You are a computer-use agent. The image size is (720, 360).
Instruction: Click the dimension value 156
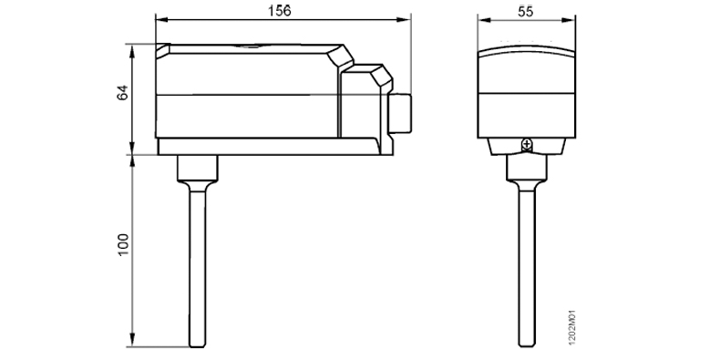click(x=280, y=11)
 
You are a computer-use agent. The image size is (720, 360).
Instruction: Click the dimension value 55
click(x=526, y=12)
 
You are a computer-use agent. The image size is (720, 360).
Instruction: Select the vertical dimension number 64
click(x=123, y=93)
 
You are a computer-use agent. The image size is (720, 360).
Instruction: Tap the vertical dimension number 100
click(x=124, y=244)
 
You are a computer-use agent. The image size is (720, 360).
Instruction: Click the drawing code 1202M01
click(x=572, y=327)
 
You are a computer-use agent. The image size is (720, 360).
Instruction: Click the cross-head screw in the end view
click(x=527, y=145)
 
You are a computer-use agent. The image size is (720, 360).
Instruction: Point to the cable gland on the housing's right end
click(x=399, y=113)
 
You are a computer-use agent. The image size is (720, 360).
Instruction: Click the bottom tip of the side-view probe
click(x=198, y=346)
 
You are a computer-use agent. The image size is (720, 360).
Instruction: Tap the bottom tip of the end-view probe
click(x=527, y=345)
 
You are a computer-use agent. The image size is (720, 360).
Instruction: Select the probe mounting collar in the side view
click(x=198, y=168)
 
